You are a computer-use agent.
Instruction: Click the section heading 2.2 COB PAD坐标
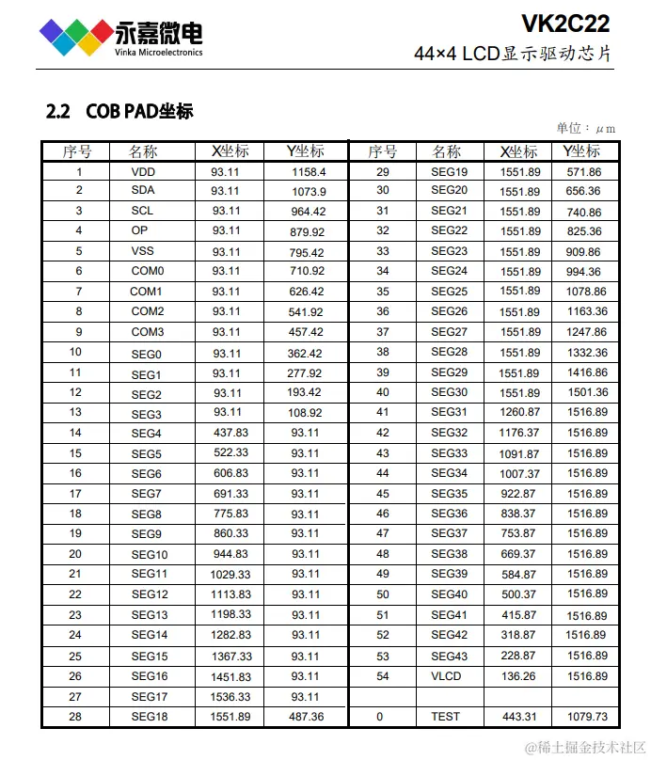pos(119,111)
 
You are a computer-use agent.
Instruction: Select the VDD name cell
pos(144,172)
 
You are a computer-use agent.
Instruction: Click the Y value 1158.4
pos(309,172)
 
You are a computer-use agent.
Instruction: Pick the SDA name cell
pos(143,191)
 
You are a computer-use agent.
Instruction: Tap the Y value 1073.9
pos(309,192)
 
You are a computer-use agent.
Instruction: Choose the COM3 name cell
pos(148,332)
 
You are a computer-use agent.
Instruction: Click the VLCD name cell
pos(447,676)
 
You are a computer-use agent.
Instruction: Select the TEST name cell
pos(446,717)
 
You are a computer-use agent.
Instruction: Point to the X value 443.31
pos(519,717)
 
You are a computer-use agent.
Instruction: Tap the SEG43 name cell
pos(449,657)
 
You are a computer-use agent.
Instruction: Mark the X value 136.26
pos(519,676)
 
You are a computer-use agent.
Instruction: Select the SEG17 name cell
pos(150,697)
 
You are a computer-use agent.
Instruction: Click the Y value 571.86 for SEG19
pos(584,172)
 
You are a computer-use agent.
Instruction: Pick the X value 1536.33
pos(231,697)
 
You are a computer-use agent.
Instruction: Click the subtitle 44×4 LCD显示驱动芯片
pos(513,54)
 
